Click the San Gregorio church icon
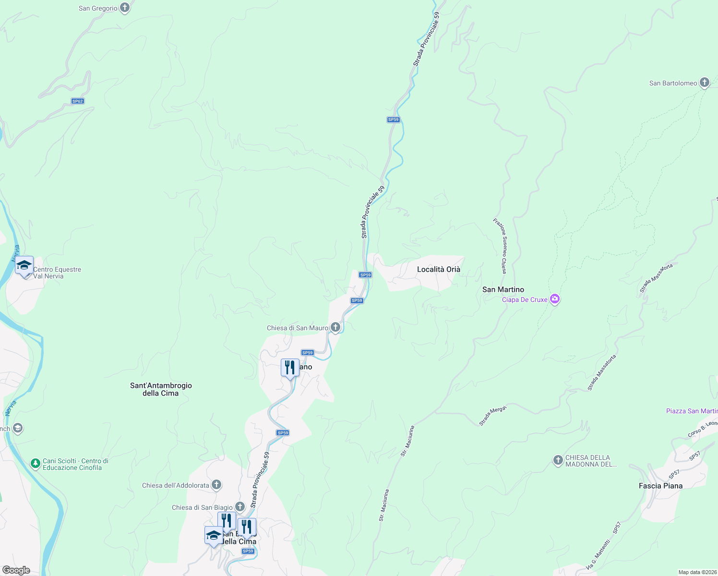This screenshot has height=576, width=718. (125, 8)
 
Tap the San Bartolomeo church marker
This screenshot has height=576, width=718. (704, 83)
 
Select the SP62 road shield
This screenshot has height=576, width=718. (77, 101)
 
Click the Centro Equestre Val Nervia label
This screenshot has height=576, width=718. (57, 273)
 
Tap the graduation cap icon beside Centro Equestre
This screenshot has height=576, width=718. (24, 265)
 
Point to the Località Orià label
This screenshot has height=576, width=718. (438, 269)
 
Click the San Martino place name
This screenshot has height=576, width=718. (503, 289)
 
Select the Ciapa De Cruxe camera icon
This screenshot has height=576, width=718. (555, 300)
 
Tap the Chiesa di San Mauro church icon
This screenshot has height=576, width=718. (335, 327)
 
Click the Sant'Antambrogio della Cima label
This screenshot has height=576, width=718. (161, 389)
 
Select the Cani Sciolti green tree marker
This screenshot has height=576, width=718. (35, 464)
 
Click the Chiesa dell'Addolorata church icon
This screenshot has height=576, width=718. (216, 485)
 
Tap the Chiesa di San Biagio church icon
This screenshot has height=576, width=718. (240, 507)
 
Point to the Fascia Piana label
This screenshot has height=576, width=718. (660, 486)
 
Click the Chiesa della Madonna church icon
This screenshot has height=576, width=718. (558, 460)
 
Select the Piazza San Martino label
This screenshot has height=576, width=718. (692, 411)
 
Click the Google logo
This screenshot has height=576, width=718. (16, 570)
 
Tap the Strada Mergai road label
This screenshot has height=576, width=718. (492, 416)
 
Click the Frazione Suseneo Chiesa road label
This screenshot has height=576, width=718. (500, 246)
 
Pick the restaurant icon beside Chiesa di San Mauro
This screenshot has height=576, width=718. (290, 368)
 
